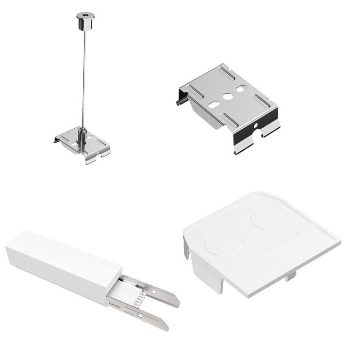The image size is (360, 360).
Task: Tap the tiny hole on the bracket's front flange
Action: tap(255, 125)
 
